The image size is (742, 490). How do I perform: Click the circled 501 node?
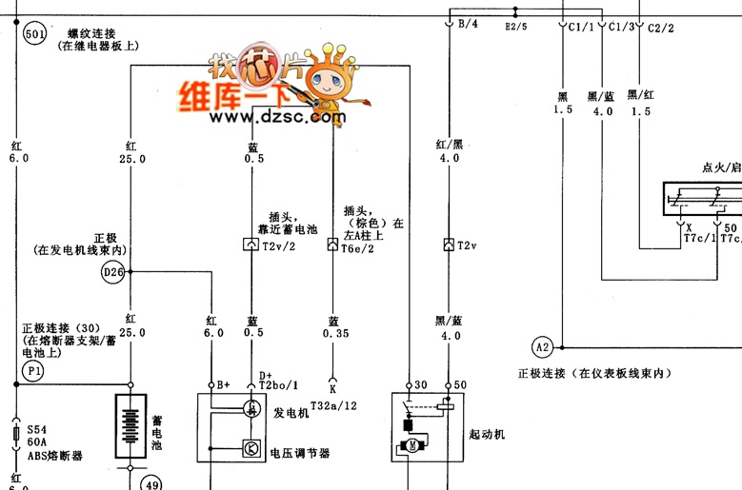pyautogui.click(x=34, y=34)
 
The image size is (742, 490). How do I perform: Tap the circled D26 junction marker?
pyautogui.click(x=113, y=273)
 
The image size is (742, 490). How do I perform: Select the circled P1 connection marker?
pyautogui.click(x=34, y=368)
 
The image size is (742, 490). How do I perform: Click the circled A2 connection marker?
pyautogui.click(x=543, y=346)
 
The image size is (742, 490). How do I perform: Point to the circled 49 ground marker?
pyautogui.click(x=151, y=482)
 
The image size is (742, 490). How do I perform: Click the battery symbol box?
pyautogui.click(x=133, y=427)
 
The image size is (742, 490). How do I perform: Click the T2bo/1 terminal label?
pyautogui.click(x=279, y=384)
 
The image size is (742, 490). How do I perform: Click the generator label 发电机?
pyautogui.click(x=291, y=414)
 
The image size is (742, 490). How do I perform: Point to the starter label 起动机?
pyautogui.click(x=486, y=434)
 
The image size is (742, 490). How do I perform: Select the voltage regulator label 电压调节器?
pyautogui.click(x=300, y=453)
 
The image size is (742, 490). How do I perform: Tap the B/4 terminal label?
pyautogui.click(x=468, y=24)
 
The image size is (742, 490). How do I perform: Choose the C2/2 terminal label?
pyautogui.click(x=660, y=28)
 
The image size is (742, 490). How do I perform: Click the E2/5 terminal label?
pyautogui.click(x=515, y=28)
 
